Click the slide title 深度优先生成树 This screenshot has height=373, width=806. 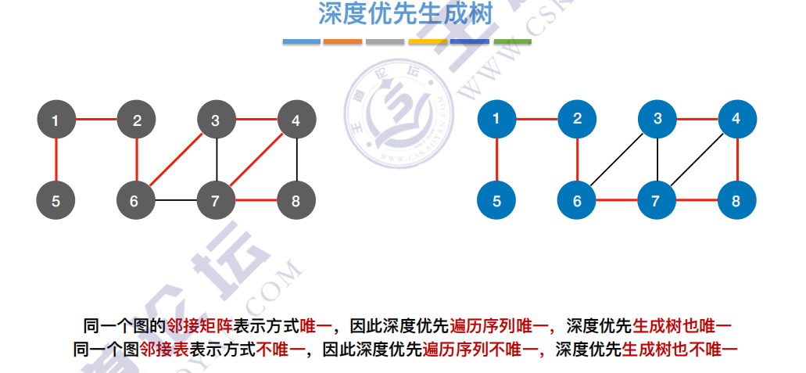pyautogui.click(x=404, y=15)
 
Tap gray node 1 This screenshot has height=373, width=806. pyautogui.click(x=56, y=120)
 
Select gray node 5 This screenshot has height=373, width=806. pyautogui.click(x=56, y=201)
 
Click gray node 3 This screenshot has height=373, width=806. pyautogui.click(x=216, y=120)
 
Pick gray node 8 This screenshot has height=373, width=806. pyautogui.click(x=296, y=201)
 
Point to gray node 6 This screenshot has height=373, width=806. pyautogui.click(x=136, y=201)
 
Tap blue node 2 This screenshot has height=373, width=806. pyautogui.click(x=577, y=119)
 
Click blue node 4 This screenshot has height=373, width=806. pyautogui.click(x=736, y=119)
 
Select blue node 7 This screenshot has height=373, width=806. pyautogui.click(x=657, y=201)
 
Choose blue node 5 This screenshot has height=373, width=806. pyautogui.click(x=497, y=201)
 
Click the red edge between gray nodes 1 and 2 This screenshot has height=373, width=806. pyautogui.click(x=96, y=120)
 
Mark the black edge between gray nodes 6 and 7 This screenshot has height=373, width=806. pyautogui.click(x=176, y=201)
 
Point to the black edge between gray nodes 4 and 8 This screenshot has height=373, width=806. pyautogui.click(x=296, y=160)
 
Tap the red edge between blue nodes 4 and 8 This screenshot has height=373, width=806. pyautogui.click(x=736, y=160)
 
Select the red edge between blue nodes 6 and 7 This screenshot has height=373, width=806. pyautogui.click(x=618, y=201)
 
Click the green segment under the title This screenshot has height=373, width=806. pyautogui.click(x=513, y=41)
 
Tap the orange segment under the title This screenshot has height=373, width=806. pyautogui.click(x=342, y=41)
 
